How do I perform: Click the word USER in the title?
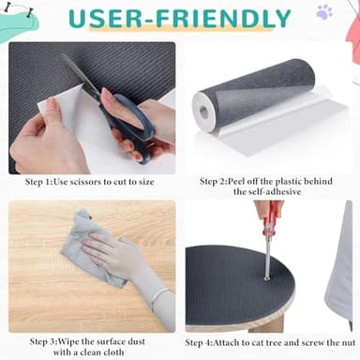pos(106,19)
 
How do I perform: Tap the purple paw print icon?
pos(324,12)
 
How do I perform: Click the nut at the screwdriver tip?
pos(266,277)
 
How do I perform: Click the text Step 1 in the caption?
pos(37,182)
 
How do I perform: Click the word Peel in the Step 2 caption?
pos(237,181)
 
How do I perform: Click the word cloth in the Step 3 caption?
pos(112,352)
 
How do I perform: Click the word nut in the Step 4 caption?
pos(349,343)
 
